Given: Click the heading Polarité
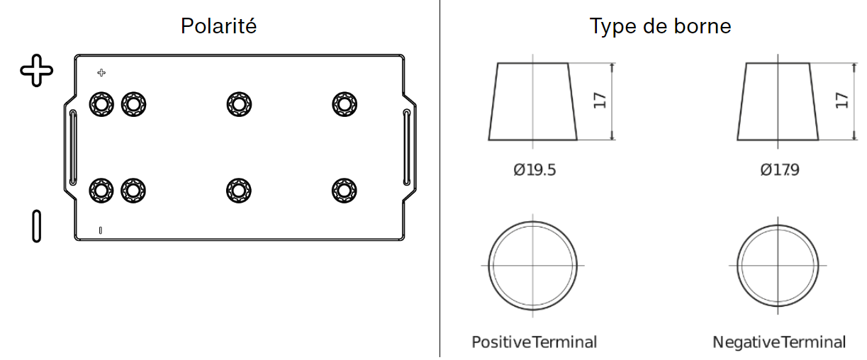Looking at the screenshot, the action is coord(218,26).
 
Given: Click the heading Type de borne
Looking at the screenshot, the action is coord(660,26).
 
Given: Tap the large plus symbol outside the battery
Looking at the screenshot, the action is coord(37,70).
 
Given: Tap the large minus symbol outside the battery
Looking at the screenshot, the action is coord(36,227).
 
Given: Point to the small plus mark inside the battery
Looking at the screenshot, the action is coord(101,73).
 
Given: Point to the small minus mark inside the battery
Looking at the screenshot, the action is coord(101,231).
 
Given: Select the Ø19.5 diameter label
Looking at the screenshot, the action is coord(535,170).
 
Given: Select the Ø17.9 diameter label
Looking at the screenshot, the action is coord(780,170).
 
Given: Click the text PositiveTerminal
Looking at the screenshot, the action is coord(534,342).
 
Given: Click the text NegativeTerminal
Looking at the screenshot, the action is coord(779,342).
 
